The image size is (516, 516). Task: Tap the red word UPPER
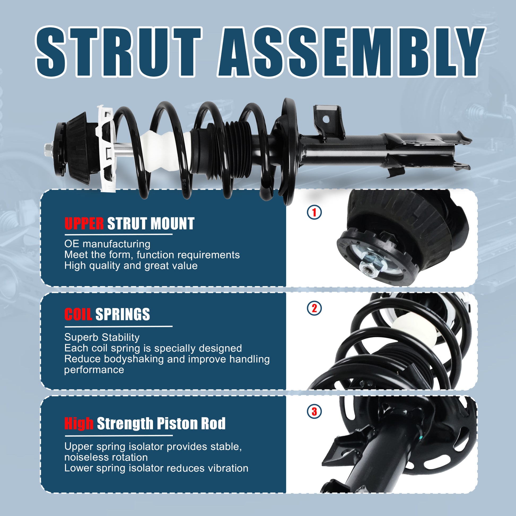(x=84, y=224)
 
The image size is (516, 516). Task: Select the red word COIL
(x=78, y=314)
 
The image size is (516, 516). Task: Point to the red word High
(x=79, y=423)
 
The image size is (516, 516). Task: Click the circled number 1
(x=314, y=212)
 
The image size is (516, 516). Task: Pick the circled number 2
(x=314, y=308)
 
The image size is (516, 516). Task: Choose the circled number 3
(x=314, y=412)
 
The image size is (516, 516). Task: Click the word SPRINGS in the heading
(x=123, y=314)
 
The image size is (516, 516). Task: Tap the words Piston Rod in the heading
(x=191, y=423)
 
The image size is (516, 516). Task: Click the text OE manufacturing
(x=107, y=244)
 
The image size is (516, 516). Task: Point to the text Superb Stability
(x=102, y=337)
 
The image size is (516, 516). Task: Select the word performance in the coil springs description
(x=94, y=370)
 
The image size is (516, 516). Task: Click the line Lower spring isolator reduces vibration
(x=156, y=468)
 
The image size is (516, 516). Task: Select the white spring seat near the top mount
(x=107, y=148)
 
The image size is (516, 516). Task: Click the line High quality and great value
(x=131, y=266)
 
